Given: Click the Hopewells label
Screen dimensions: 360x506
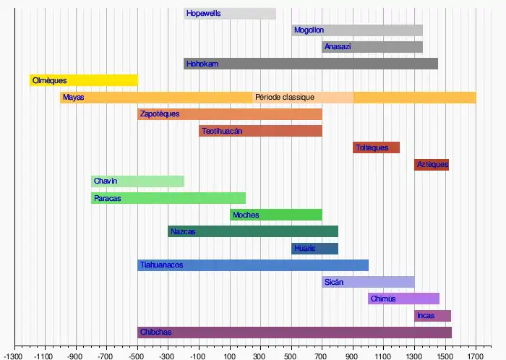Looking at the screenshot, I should pyautogui.click(x=203, y=13).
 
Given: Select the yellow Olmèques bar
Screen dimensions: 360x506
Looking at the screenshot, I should pyautogui.click(x=83, y=80).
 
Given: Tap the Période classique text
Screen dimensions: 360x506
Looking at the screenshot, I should pyautogui.click(x=285, y=97).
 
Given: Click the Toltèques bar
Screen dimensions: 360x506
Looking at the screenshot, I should pyautogui.click(x=376, y=147).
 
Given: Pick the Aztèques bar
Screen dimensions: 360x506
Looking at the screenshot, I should pyautogui.click(x=432, y=165).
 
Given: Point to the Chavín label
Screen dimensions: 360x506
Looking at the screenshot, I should pyautogui.click(x=106, y=181).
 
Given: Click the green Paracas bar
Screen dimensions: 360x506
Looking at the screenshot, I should pyautogui.click(x=168, y=198).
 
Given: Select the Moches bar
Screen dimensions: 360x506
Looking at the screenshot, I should pyautogui.click(x=275, y=215).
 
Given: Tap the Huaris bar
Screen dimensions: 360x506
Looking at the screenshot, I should pyautogui.click(x=314, y=249).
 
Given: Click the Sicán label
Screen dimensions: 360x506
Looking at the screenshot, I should pyautogui.click(x=334, y=282).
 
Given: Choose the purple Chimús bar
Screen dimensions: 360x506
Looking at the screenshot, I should pyautogui.click(x=403, y=299).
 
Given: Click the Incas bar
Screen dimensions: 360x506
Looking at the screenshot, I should pyautogui.click(x=432, y=316).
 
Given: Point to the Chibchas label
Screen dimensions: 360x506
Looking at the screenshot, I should pyautogui.click(x=156, y=333).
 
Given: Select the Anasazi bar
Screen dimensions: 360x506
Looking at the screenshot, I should pyautogui.click(x=372, y=47).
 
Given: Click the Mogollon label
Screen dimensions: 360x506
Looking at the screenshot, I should pyautogui.click(x=309, y=30).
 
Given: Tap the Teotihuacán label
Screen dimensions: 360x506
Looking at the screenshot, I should pyautogui.click(x=222, y=131).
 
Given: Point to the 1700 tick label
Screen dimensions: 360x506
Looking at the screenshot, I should pyautogui.click(x=475, y=356).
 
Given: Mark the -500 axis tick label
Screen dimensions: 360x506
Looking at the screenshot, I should pyautogui.click(x=137, y=356).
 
